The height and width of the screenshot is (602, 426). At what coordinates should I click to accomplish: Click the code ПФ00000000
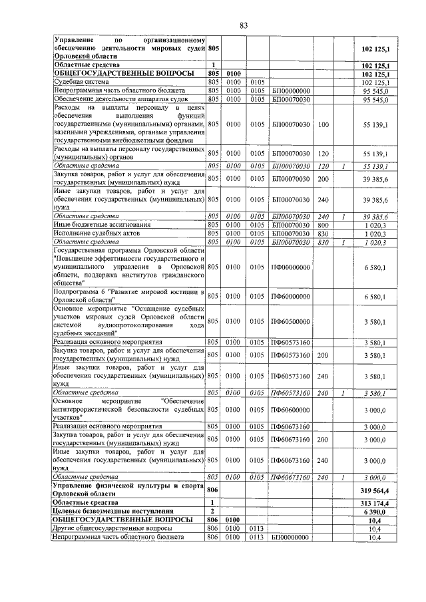pos(290,267)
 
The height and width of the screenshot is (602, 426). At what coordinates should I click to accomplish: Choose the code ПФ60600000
pos(290,410)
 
